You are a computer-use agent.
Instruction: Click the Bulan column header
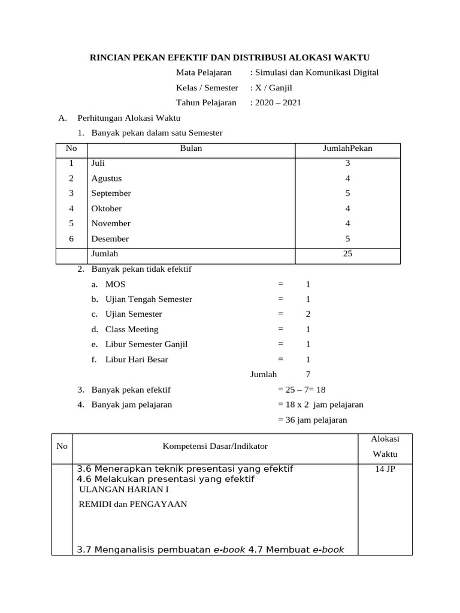coord(191,148)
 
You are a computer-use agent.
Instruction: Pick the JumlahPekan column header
coord(347,148)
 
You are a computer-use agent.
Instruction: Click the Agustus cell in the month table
coord(107,178)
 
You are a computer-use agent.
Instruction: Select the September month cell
coord(111,193)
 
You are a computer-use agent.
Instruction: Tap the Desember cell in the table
coord(110,239)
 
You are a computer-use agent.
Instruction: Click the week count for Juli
coord(347,163)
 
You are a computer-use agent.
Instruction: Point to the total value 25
coord(347,254)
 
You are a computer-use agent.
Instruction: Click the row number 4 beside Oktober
coord(71,208)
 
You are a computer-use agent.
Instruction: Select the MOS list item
coord(116,284)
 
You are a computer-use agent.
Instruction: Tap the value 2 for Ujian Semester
coord(308,314)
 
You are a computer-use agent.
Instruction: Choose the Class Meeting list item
coord(132,329)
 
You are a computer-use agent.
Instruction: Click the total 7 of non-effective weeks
coord(308,375)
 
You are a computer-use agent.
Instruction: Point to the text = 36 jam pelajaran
coord(313,420)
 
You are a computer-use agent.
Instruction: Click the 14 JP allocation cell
coord(385,469)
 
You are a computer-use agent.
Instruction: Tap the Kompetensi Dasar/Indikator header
coord(215,447)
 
